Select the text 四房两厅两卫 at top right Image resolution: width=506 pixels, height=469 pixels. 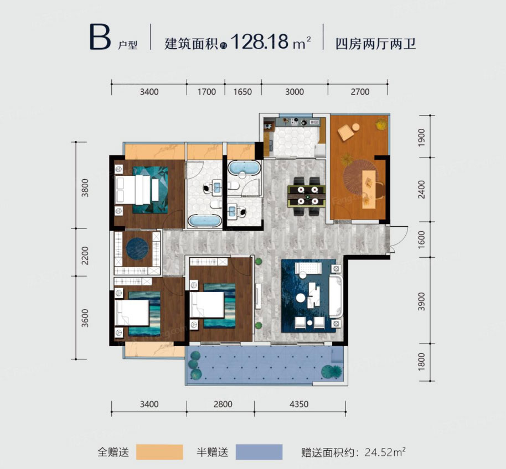tap(375, 43)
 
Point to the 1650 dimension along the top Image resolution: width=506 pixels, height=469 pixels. tap(242, 92)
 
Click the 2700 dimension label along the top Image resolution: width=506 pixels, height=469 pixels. tap(360, 92)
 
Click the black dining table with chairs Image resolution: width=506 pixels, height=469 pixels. tap(306, 196)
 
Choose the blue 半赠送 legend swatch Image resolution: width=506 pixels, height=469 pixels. tap(258, 452)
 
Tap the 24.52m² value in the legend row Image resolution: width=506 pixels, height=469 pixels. tap(385, 452)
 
